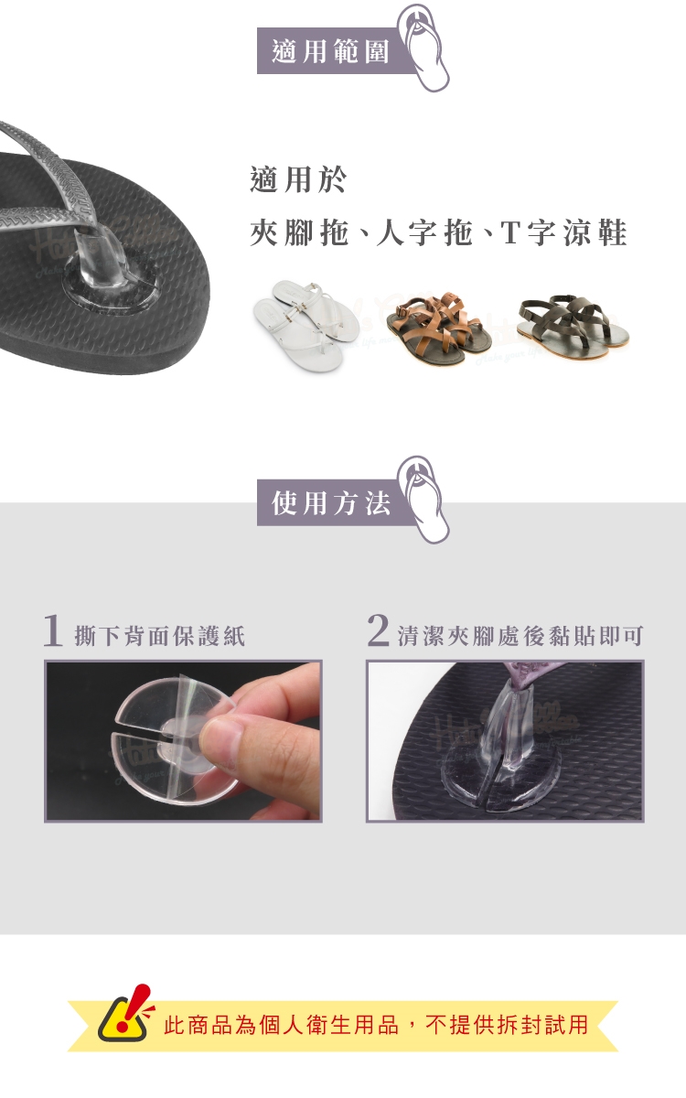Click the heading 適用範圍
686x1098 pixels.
click(331, 51)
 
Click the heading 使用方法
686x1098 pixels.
click(331, 503)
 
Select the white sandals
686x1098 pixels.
click(305, 325)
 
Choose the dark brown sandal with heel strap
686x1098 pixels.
click(573, 326)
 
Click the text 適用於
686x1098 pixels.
click(298, 179)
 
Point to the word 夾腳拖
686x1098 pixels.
click(299, 232)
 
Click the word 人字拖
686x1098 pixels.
click(424, 232)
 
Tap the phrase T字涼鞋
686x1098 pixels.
click(563, 232)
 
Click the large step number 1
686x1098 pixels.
click(53, 630)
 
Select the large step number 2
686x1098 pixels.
click(379, 630)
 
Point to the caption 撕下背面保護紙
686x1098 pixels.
click(160, 636)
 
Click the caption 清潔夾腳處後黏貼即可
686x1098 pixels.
click(520, 636)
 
